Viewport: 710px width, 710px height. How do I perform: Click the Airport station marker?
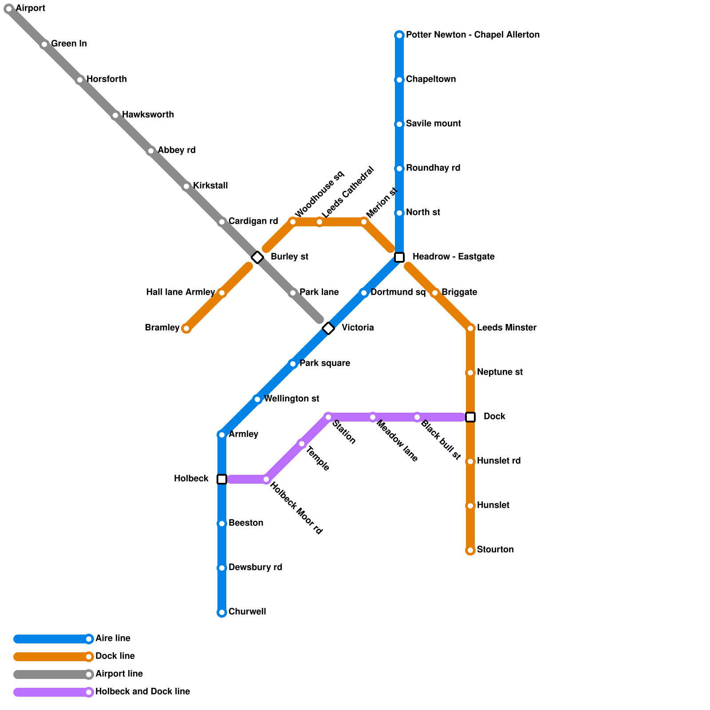pos(9,9)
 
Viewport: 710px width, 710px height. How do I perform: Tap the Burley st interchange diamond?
pos(257,257)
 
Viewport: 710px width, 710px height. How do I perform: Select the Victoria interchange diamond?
pos(328,328)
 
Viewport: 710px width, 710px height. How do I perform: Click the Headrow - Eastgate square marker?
pos(399,257)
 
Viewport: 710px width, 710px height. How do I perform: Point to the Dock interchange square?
pos(470,417)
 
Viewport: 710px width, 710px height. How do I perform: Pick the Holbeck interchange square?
pos(222,479)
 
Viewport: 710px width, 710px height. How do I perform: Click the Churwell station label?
pos(247,612)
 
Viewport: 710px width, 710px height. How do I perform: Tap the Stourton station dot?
pos(470,550)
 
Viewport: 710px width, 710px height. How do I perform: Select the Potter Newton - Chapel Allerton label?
pos(473,35)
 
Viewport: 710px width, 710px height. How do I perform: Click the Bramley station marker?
pos(186,328)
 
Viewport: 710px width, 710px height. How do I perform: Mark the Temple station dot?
pos(302,444)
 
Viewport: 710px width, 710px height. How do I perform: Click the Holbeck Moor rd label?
pos(296,508)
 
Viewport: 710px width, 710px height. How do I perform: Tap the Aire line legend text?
pos(113,639)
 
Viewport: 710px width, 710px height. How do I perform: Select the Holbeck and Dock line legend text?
pos(142,692)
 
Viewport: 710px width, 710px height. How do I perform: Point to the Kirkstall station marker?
pos(186,186)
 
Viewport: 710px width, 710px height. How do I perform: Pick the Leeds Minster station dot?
pos(470,328)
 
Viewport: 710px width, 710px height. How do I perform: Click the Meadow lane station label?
pos(397,441)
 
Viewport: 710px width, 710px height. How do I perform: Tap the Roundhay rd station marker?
pos(399,169)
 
